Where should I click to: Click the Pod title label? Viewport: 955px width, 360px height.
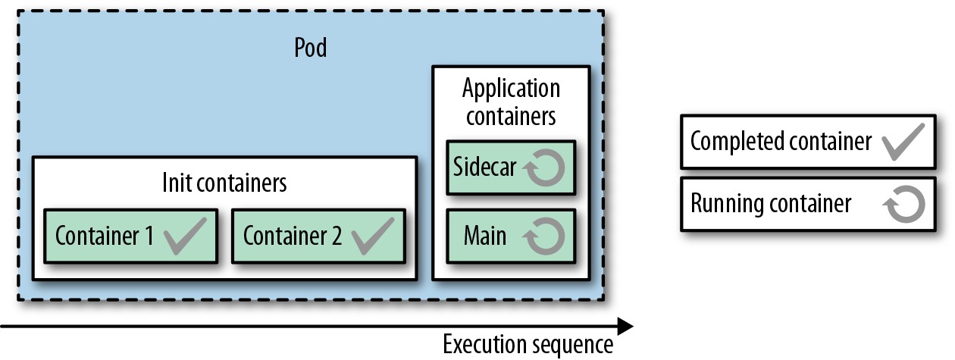click(311, 47)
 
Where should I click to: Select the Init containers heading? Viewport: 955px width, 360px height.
click(224, 183)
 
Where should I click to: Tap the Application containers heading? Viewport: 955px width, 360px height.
click(511, 102)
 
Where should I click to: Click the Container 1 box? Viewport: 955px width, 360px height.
click(131, 236)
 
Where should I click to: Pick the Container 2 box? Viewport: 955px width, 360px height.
click(318, 236)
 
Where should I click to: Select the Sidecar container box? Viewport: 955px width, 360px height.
click(511, 167)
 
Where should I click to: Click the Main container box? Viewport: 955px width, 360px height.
click(511, 236)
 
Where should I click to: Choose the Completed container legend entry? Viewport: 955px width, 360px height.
click(808, 142)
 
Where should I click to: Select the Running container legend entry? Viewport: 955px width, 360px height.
click(808, 204)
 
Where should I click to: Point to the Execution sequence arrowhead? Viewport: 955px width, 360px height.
click(625, 327)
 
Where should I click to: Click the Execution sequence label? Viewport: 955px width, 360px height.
click(528, 345)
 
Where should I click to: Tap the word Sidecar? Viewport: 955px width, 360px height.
click(484, 166)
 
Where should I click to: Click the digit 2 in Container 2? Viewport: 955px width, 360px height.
click(337, 235)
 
